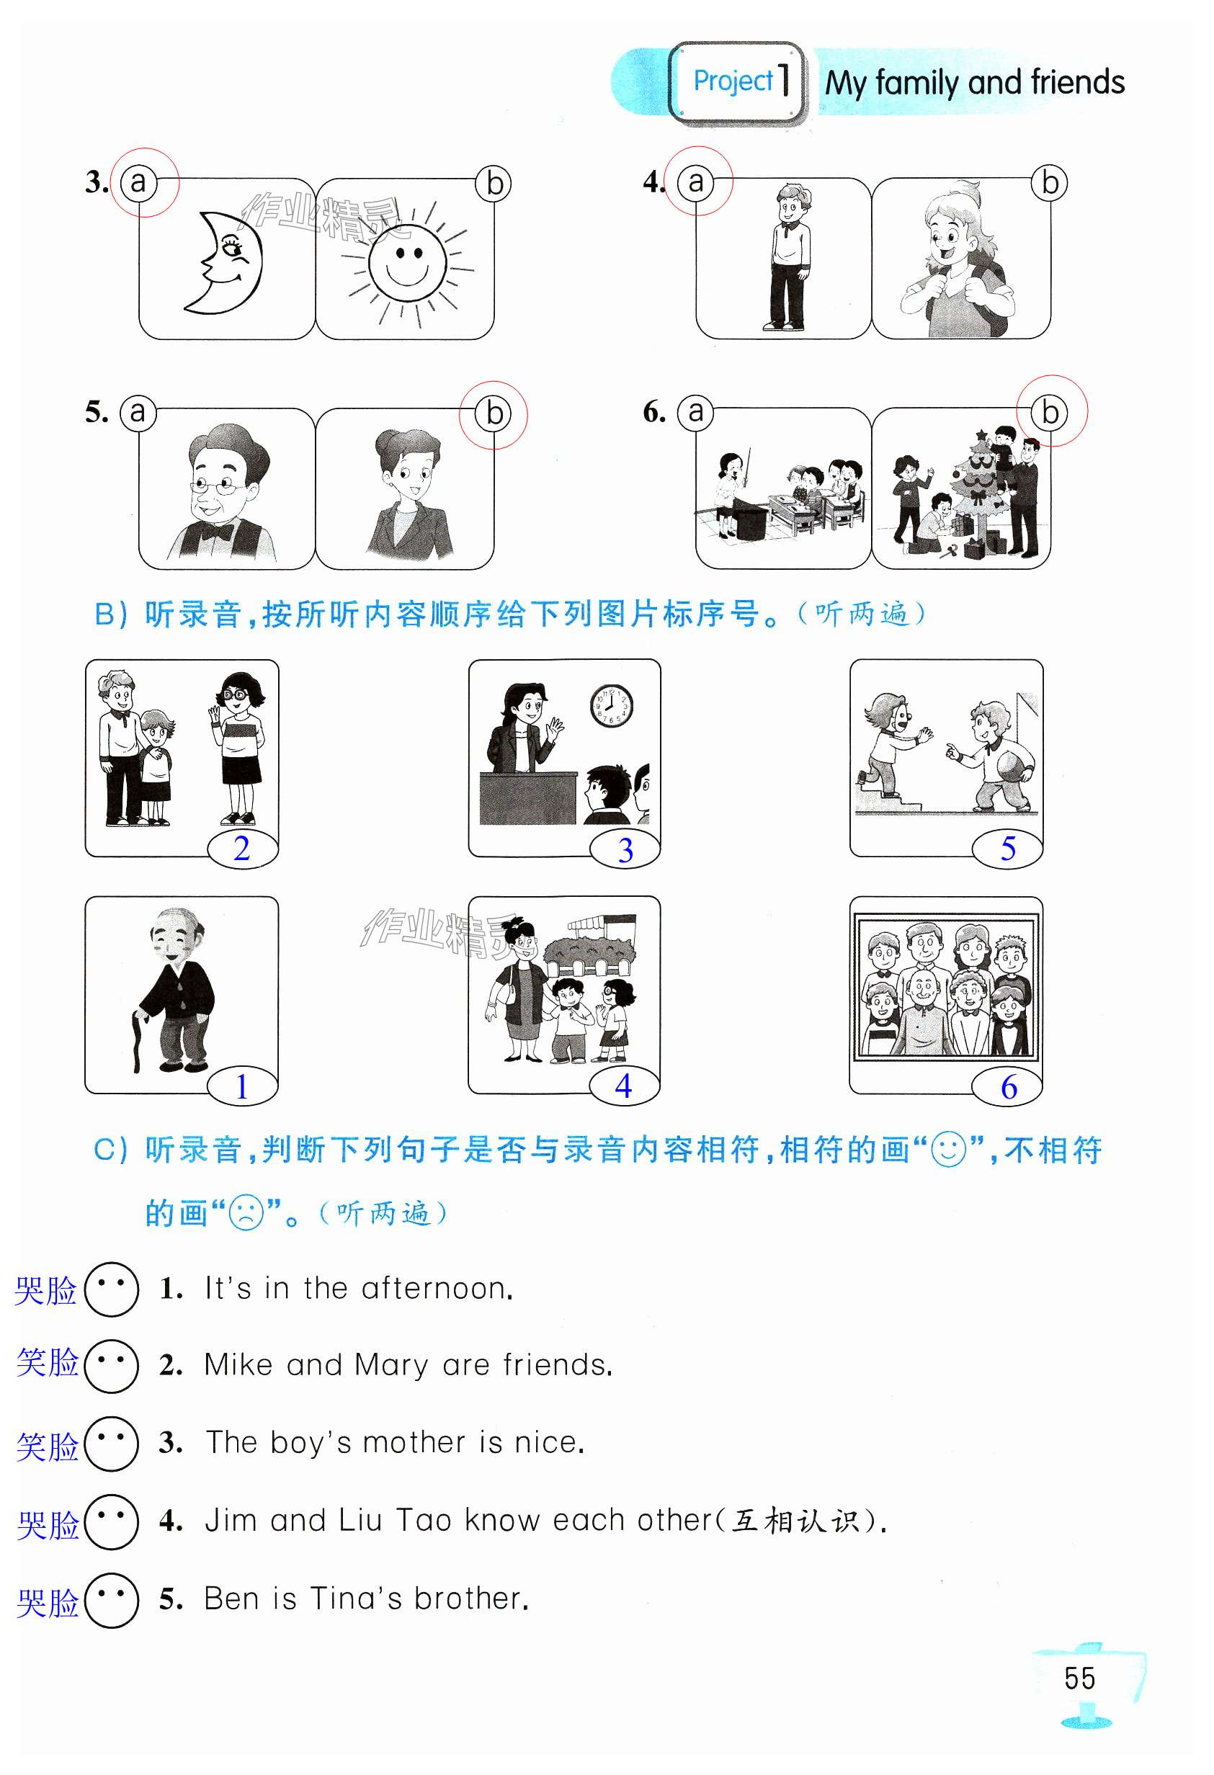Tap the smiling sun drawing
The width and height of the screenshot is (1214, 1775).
pos(407,264)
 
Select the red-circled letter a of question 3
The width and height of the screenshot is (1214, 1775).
pos(138,182)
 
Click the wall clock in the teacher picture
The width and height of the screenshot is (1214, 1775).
pos(611,706)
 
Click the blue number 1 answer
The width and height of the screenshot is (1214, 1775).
pos(241,1086)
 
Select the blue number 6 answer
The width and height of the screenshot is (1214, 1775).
pos(1009,1087)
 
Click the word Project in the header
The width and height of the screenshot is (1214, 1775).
pos(733,81)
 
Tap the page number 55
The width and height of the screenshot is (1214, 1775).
pos(1079,1678)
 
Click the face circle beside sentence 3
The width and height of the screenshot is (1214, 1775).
pos(112,1444)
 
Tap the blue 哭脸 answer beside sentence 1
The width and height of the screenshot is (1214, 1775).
pos(46,1291)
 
